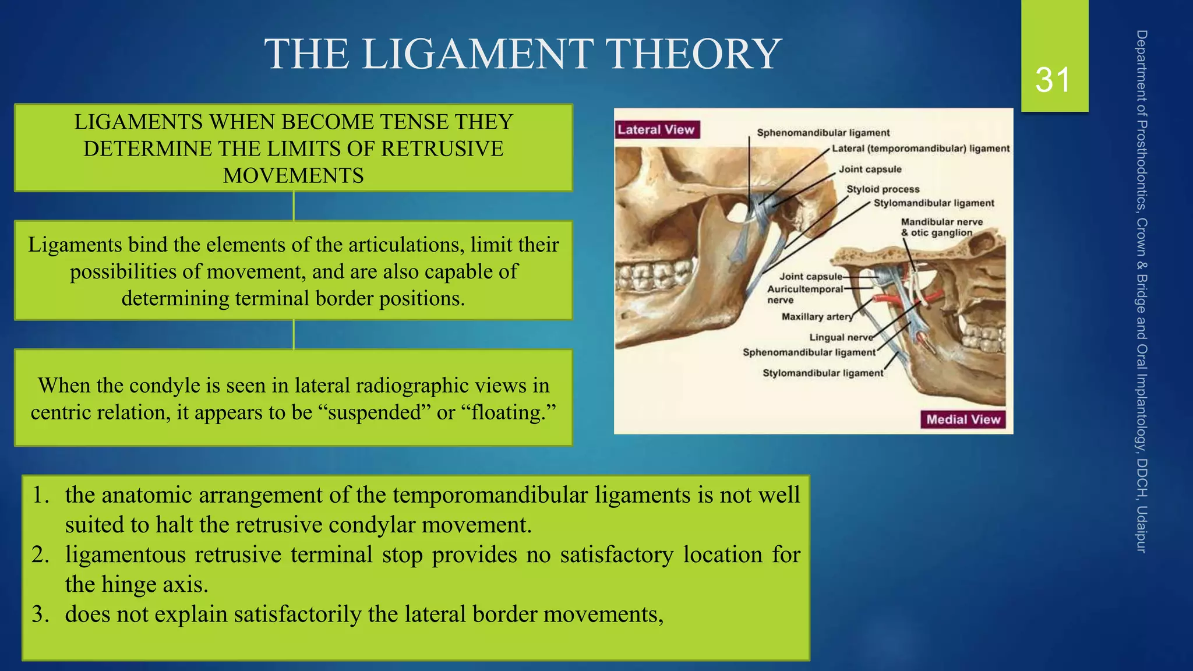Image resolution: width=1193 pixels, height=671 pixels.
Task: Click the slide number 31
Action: (x=1053, y=80)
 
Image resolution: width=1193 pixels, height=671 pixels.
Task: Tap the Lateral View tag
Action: (x=656, y=130)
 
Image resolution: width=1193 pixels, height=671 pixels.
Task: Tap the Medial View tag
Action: (x=963, y=419)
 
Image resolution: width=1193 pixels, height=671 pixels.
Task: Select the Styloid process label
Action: (x=883, y=189)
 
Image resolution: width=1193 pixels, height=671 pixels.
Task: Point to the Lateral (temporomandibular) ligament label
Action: (x=920, y=149)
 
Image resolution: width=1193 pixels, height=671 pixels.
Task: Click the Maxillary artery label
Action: (x=817, y=317)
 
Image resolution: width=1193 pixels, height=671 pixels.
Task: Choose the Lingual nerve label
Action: (x=841, y=337)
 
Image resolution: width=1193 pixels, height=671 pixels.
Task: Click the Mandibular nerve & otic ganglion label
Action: (x=941, y=227)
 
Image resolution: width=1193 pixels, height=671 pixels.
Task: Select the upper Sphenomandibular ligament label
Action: (x=823, y=133)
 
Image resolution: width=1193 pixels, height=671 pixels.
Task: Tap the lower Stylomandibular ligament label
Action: (x=823, y=373)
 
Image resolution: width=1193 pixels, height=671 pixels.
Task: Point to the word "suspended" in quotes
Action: (x=375, y=412)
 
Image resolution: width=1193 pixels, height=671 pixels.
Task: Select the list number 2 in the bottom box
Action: (x=40, y=555)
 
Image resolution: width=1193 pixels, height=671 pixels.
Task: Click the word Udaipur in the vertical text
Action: (x=1141, y=529)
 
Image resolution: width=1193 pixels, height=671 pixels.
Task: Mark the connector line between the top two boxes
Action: (x=294, y=206)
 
